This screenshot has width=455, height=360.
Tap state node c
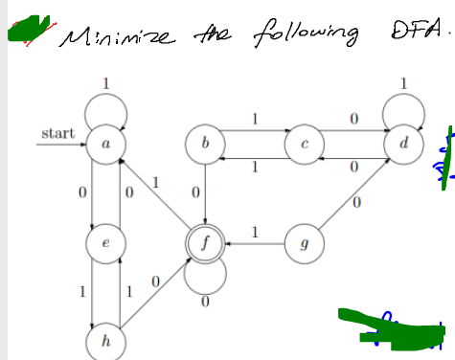[x=303, y=146]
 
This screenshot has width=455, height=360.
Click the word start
[x=57, y=132]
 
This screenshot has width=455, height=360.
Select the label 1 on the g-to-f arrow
[x=255, y=231]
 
